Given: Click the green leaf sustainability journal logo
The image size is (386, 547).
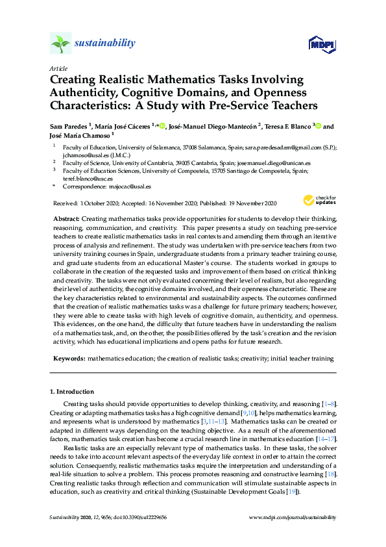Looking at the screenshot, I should click(x=60, y=44).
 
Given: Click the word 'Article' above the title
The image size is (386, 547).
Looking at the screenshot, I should click(x=57, y=68).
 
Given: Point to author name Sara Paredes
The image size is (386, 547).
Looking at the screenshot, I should click(x=72, y=126).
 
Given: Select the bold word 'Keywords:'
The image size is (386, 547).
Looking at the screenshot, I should click(x=69, y=359).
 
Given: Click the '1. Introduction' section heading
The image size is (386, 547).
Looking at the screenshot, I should click(x=72, y=392).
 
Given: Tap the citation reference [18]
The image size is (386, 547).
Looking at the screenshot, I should click(x=331, y=466).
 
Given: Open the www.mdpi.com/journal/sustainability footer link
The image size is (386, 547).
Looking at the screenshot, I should click(x=293, y=518).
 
